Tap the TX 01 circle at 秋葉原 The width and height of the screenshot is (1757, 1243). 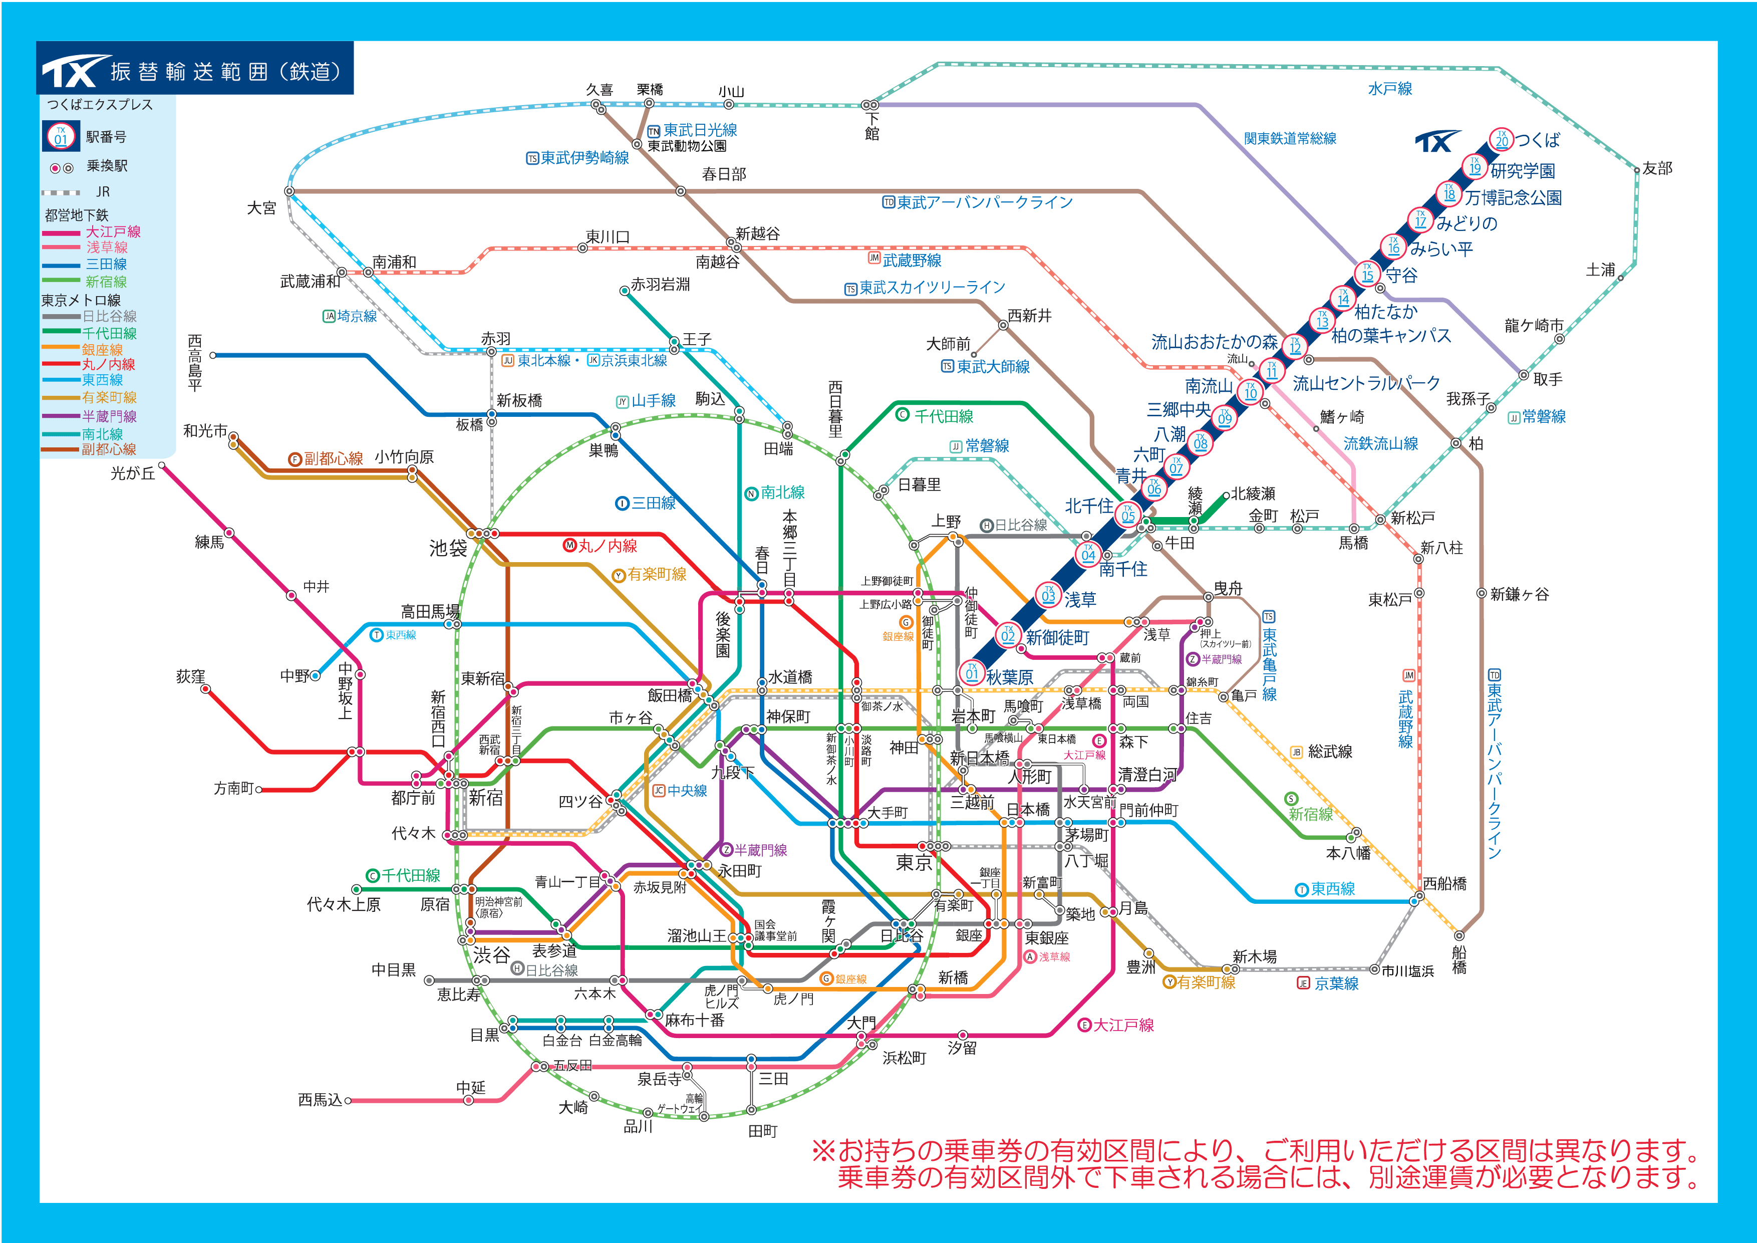[971, 673]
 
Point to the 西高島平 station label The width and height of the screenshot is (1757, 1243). [195, 363]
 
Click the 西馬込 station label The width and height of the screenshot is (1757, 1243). [320, 1099]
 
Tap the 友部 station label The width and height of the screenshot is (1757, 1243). [1657, 168]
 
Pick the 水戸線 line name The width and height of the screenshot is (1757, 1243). [1390, 89]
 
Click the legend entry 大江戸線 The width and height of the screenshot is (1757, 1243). [113, 231]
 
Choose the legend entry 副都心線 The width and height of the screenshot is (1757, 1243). [109, 449]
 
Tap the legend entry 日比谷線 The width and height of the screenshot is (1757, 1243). [109, 316]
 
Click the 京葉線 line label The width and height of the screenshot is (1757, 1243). [1335, 983]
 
